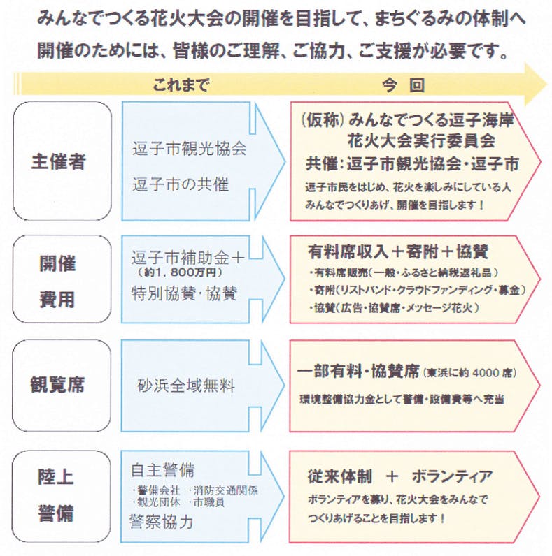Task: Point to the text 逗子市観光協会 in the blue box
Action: (x=189, y=149)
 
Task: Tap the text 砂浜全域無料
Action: (x=186, y=385)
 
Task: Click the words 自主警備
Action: (x=162, y=469)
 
